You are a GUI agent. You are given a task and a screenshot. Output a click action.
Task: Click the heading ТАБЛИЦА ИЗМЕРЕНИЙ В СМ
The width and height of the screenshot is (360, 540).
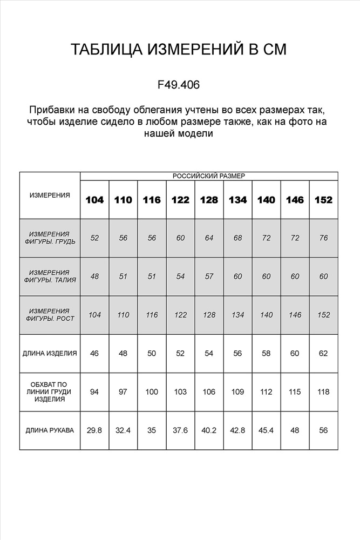pos(179,50)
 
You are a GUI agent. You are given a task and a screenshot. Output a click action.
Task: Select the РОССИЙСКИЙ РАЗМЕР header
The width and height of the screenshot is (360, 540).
pos(208,176)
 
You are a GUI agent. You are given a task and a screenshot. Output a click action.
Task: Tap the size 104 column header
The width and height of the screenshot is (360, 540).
pos(94,200)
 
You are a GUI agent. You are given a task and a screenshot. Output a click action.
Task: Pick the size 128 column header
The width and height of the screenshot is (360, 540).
pos(209,200)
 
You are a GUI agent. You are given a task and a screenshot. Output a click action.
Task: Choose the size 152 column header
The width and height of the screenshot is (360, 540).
pos(323,200)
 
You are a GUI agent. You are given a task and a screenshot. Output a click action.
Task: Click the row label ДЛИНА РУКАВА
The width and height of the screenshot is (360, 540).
pos(50,430)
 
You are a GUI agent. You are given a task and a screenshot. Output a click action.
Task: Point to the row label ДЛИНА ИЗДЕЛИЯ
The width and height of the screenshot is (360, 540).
pos(50,354)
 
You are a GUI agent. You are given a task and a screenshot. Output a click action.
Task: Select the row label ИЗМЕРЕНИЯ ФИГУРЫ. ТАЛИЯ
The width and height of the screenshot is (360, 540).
pos(50,276)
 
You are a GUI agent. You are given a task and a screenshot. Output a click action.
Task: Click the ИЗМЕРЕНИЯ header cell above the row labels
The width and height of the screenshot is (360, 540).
pos(50,195)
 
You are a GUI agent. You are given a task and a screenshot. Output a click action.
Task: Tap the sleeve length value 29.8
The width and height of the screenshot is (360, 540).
pos(94,430)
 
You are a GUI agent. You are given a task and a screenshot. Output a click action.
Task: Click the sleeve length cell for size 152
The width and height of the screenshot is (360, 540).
pos(323,430)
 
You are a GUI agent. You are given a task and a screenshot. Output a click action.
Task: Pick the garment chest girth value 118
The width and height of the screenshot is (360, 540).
pos(323,391)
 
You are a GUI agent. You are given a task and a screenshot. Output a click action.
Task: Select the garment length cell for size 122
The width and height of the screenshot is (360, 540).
pos(180,354)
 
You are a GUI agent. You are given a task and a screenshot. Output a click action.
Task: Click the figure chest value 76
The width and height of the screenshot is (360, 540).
pos(323,238)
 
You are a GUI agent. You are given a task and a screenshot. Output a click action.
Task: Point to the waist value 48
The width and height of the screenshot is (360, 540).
pos(94,276)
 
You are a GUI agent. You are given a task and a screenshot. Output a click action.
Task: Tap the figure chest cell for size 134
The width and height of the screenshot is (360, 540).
pos(237,238)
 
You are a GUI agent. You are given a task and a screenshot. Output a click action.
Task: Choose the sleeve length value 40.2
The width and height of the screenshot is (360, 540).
pos(209,430)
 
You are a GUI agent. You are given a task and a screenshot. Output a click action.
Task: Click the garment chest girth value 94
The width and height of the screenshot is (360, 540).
pos(94,391)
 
